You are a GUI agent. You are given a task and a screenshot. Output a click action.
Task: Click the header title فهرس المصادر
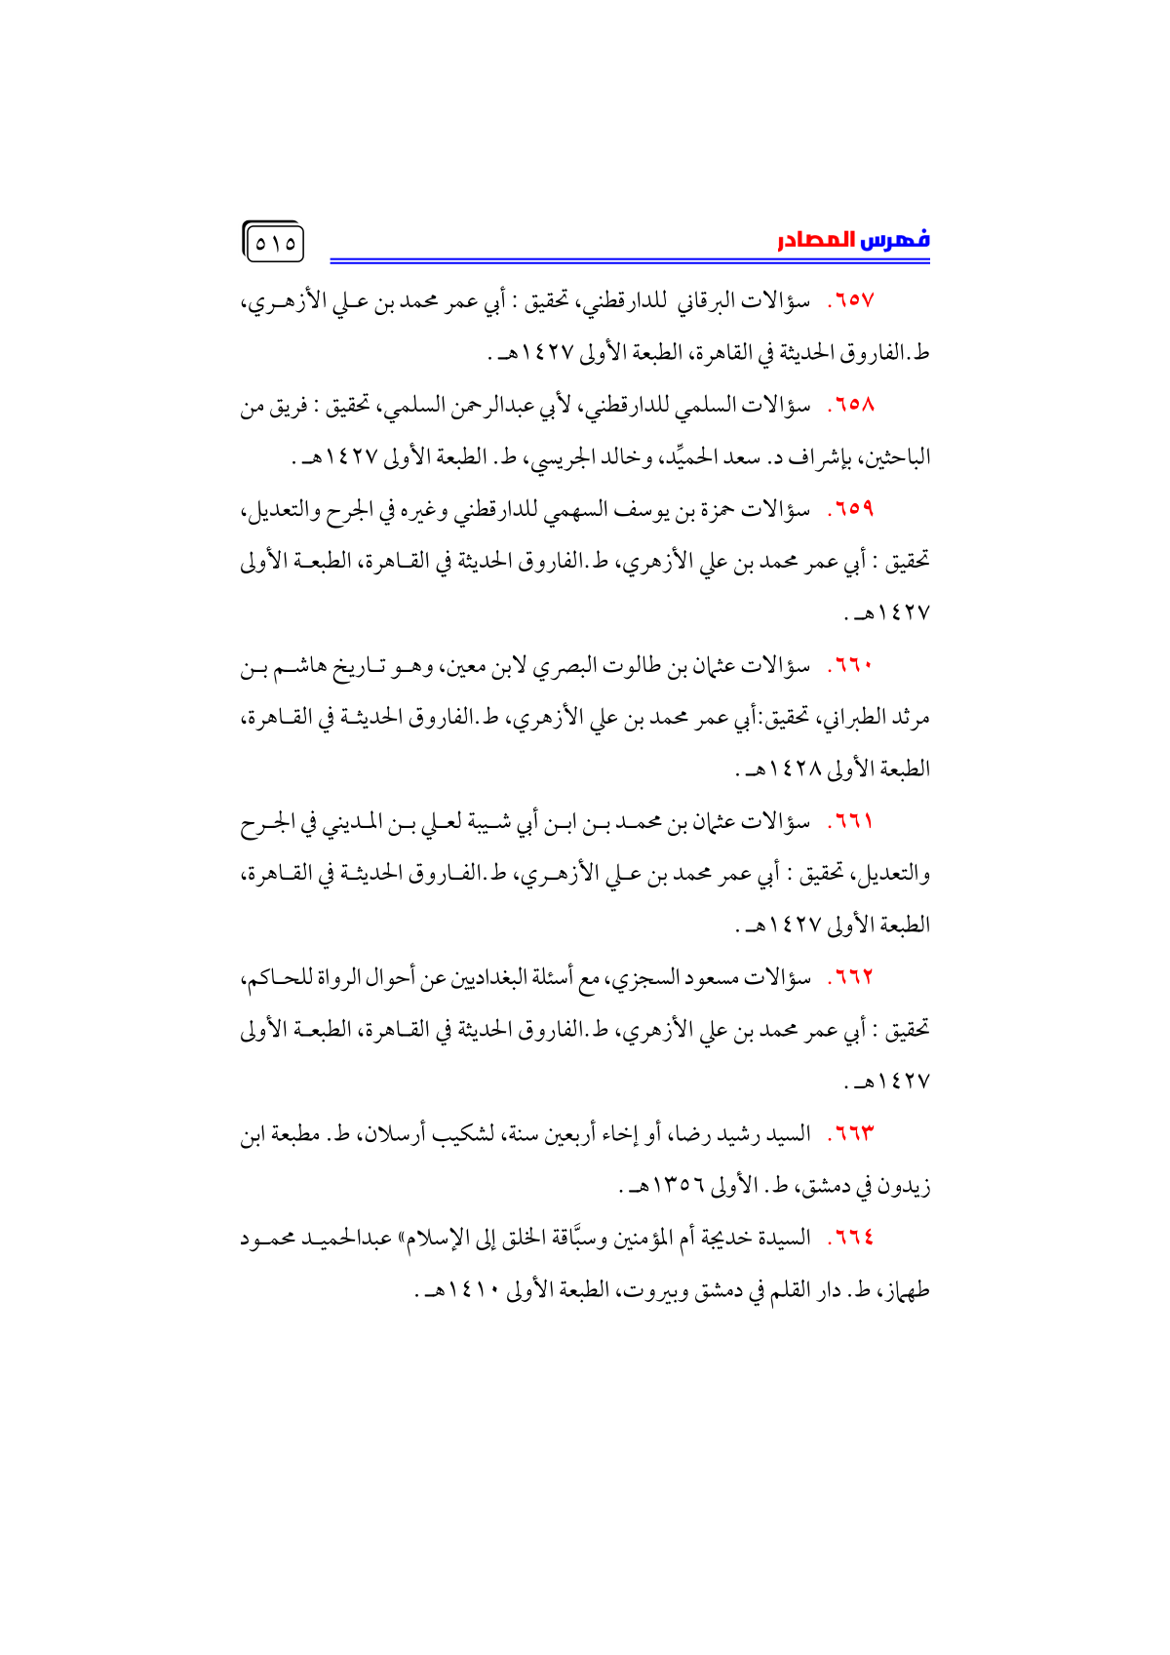click(x=853, y=240)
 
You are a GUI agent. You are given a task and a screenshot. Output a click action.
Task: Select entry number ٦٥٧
click(x=851, y=301)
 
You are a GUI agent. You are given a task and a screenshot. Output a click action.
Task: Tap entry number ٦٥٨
click(x=851, y=405)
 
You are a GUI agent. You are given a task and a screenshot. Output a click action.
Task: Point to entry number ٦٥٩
click(x=851, y=509)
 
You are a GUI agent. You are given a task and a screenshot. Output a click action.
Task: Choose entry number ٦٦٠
click(x=851, y=666)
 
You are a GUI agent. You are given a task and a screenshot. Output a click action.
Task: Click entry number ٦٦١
click(x=851, y=822)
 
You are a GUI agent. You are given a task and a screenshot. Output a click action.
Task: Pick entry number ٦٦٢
click(x=851, y=977)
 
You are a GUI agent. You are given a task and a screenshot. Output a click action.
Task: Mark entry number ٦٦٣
click(x=851, y=1133)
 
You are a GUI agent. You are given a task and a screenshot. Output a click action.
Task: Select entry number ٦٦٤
click(x=851, y=1238)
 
